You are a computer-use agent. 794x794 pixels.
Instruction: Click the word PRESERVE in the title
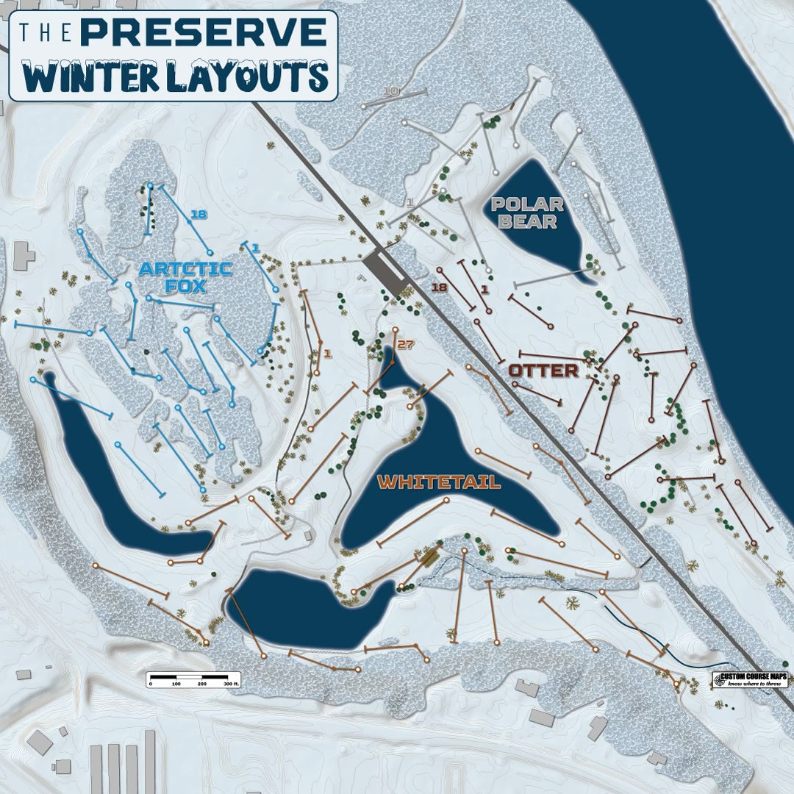click(203, 32)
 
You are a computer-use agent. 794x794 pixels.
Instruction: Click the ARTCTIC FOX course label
click(185, 278)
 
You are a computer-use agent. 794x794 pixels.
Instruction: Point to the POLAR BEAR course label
click(528, 212)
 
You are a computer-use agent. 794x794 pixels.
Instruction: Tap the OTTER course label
click(544, 371)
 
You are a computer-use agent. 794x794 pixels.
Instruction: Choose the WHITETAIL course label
click(439, 482)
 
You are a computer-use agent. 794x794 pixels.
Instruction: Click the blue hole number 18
click(198, 214)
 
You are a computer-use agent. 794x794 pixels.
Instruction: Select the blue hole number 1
click(255, 249)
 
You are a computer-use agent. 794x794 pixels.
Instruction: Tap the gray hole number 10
click(391, 91)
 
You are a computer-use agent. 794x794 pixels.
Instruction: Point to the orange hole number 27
click(405, 344)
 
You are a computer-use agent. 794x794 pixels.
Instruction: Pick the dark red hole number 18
click(440, 287)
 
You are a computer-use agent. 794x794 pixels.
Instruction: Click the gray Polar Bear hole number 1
click(410, 201)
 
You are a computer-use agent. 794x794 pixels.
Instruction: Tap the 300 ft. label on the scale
click(232, 684)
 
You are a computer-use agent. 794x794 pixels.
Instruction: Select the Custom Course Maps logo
click(750, 679)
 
